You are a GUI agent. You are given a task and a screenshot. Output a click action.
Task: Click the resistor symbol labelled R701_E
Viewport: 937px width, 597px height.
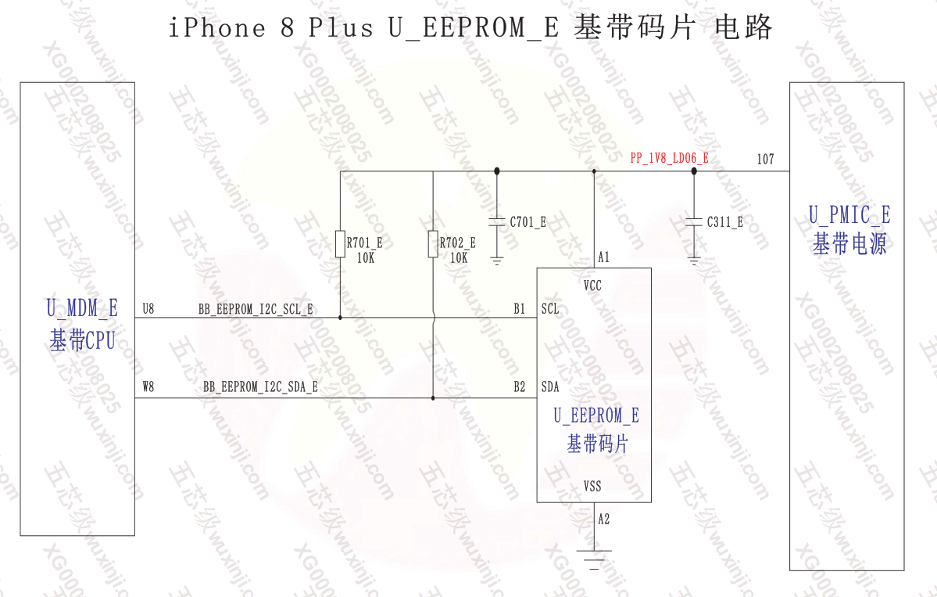[x=341, y=243]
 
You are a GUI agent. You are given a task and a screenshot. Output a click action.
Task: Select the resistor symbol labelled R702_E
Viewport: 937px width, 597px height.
[x=433, y=243]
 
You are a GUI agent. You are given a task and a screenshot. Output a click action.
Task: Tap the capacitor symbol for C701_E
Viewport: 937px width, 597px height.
[x=497, y=222]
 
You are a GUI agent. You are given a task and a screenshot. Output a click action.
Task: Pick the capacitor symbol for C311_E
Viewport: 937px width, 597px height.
[x=694, y=222]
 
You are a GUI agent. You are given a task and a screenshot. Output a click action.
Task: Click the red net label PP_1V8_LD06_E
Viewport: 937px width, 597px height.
[x=669, y=159]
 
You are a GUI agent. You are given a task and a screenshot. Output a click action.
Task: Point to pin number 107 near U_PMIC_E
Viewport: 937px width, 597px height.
[x=765, y=160]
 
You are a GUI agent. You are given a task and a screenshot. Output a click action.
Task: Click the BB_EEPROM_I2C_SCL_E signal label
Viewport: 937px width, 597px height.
[x=256, y=310]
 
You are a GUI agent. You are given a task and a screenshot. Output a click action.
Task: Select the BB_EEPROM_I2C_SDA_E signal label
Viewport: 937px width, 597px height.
[x=260, y=387]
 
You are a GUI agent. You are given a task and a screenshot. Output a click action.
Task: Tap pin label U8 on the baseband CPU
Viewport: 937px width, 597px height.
[x=148, y=310]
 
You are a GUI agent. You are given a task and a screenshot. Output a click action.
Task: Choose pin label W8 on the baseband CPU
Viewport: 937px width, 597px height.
[x=148, y=387]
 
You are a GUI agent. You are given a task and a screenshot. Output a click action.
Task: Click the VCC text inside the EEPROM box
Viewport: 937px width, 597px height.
[x=592, y=286]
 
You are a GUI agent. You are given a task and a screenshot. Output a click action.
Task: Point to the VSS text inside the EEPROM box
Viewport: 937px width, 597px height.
[x=592, y=487]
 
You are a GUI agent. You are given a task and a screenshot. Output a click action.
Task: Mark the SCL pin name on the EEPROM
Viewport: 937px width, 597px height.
[x=550, y=309]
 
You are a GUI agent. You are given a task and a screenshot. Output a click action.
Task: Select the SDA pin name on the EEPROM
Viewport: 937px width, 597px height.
[x=550, y=387]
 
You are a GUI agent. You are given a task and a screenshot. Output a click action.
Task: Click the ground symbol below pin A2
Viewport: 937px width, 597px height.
[x=594, y=557]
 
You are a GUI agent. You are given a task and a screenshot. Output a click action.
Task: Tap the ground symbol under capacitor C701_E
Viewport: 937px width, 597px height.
[x=497, y=260]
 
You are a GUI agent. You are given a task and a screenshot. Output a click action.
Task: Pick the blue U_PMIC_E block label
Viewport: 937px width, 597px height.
[x=849, y=215]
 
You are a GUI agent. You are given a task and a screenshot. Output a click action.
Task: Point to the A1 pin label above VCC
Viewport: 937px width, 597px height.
[x=603, y=257]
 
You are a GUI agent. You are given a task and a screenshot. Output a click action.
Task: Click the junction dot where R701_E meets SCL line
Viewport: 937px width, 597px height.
[x=341, y=318]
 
